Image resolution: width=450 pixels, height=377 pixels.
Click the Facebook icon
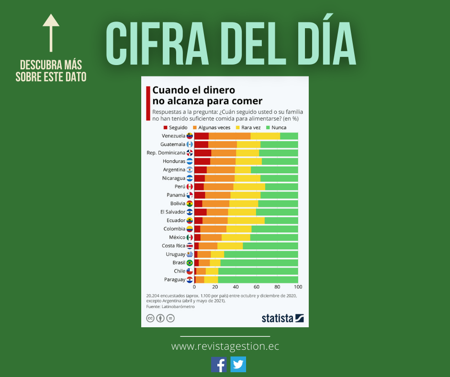click(x=219, y=365)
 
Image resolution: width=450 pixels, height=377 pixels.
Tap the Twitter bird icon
click(x=238, y=365)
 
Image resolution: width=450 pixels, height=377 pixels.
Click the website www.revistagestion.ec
click(x=225, y=346)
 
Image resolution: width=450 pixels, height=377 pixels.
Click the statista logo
click(x=282, y=318)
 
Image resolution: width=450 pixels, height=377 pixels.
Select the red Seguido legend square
click(x=166, y=128)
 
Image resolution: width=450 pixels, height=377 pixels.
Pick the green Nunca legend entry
click(x=276, y=128)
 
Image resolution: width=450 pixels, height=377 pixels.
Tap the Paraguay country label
click(x=174, y=279)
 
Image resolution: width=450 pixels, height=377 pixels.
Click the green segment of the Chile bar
click(x=258, y=271)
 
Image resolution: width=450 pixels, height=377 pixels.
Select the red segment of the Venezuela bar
click(x=201, y=136)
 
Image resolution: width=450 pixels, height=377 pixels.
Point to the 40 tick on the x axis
click(x=236, y=287)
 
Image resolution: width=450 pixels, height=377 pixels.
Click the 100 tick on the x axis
click(x=298, y=287)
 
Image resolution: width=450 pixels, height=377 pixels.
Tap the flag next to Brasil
click(x=190, y=263)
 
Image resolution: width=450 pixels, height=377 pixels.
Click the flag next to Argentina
click(x=190, y=170)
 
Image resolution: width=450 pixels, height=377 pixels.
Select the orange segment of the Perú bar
click(x=218, y=187)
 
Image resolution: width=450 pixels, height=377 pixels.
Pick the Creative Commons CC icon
click(x=150, y=318)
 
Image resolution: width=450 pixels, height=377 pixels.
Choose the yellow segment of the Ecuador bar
click(x=246, y=221)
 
